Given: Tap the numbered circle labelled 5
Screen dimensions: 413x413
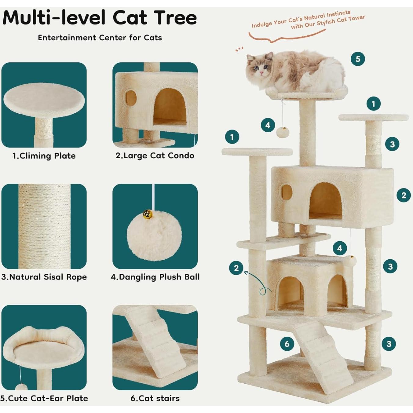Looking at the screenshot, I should tap(358, 59).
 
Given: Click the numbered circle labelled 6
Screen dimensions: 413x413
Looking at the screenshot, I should tap(287, 344).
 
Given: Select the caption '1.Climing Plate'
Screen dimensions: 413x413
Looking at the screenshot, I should tap(44, 156).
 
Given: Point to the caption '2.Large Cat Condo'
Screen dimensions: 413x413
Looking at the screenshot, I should tap(155, 155).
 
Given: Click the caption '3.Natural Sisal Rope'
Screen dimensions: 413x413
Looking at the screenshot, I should tap(44, 277).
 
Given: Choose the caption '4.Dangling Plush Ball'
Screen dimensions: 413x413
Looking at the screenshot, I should tap(155, 277).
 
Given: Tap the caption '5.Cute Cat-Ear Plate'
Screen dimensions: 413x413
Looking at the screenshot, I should tap(44, 398).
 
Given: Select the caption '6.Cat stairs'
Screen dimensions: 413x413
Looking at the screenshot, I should tap(155, 398).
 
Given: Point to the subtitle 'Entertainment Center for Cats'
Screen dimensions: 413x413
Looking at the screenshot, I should tap(100, 38).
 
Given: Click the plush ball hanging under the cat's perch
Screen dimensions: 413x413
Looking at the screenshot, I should tap(281, 132).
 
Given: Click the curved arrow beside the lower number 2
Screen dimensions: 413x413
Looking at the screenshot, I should tap(260, 283).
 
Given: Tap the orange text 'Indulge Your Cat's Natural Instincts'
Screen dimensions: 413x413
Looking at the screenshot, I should tap(301, 19).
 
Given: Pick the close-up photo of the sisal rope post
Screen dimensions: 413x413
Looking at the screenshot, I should tap(44, 226).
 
